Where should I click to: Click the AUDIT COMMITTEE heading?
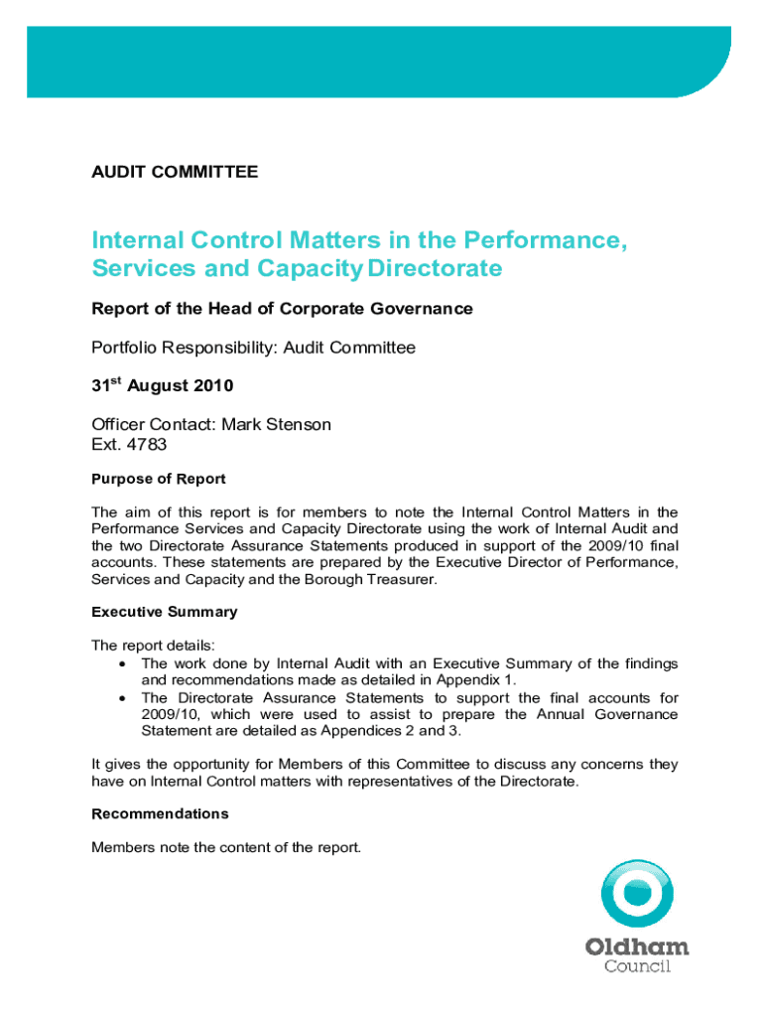(x=175, y=172)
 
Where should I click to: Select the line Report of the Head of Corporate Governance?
(x=282, y=309)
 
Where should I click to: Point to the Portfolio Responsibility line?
(x=253, y=348)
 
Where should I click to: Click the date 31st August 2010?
(x=164, y=386)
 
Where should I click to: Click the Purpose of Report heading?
(x=159, y=479)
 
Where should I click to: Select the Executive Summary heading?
(x=164, y=612)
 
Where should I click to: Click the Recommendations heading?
(x=160, y=813)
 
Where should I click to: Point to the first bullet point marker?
(x=121, y=663)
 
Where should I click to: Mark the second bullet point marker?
(x=121, y=697)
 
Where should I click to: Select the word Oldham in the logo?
(x=637, y=946)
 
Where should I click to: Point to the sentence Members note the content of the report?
(x=226, y=847)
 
